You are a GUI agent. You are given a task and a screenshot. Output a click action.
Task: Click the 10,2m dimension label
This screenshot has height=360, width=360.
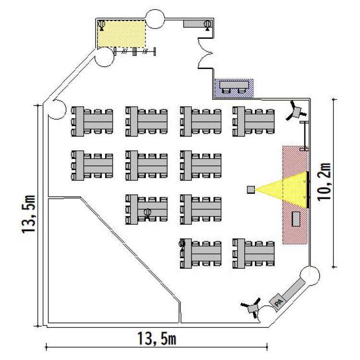pyautogui.click(x=326, y=183)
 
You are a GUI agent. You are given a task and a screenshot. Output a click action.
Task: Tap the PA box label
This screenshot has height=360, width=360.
pyautogui.click(x=278, y=302)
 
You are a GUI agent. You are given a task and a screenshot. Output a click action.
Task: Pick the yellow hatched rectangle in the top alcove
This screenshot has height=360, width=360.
pyautogui.click(x=122, y=34)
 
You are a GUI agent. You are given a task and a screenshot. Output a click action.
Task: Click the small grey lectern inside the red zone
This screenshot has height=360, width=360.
pyautogui.click(x=296, y=218)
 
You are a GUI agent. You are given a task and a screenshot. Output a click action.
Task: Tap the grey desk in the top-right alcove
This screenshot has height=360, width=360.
pyautogui.click(x=196, y=23)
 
